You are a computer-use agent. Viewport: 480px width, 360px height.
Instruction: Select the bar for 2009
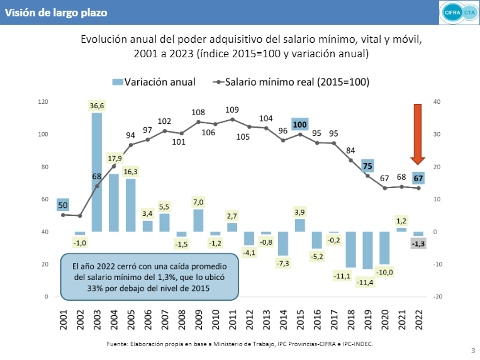point(198,220)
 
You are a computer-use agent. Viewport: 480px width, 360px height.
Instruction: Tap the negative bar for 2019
point(367,250)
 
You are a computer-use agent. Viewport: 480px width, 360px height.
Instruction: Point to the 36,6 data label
point(97,106)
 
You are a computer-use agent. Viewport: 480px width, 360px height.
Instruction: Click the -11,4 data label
point(368,283)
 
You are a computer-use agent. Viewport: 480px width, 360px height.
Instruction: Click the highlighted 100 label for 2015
point(300,124)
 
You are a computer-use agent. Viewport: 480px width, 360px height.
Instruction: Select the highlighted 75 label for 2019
point(368,166)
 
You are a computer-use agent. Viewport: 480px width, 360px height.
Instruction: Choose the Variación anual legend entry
point(153,82)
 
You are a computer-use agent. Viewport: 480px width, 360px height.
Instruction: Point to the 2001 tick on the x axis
point(63,320)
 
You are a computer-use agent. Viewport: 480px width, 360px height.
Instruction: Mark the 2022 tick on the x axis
point(418,320)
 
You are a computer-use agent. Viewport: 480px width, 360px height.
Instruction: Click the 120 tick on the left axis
point(44,101)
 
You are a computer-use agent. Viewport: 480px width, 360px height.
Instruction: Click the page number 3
point(472,351)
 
